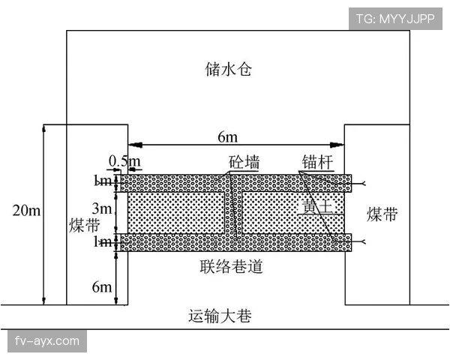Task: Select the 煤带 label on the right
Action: click(382, 215)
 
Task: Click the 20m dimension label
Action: click(26, 211)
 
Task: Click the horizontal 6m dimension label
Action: click(227, 136)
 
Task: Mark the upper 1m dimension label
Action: click(103, 181)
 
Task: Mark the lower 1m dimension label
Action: click(103, 242)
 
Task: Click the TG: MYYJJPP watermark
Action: click(394, 19)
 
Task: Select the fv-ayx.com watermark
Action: click(46, 341)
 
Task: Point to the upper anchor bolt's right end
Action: click(364, 183)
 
